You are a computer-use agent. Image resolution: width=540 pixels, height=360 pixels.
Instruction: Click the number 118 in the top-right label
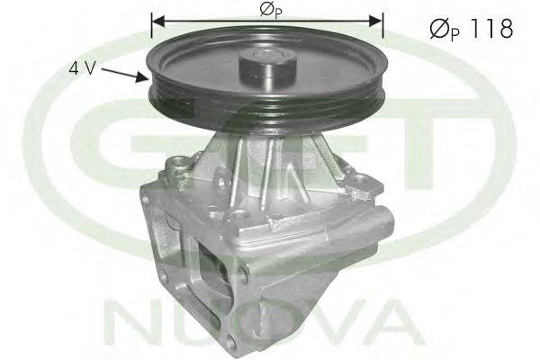(x=492, y=29)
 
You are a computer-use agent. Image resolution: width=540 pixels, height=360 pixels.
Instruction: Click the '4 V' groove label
(x=82, y=68)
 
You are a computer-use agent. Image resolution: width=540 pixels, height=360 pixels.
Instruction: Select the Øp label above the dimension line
(x=271, y=11)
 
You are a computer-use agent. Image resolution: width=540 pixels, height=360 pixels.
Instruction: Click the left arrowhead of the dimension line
(x=158, y=21)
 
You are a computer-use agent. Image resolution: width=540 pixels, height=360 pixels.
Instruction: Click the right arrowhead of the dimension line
(x=375, y=21)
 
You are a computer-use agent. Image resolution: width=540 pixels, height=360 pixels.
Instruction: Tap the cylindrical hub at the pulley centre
(x=267, y=70)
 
